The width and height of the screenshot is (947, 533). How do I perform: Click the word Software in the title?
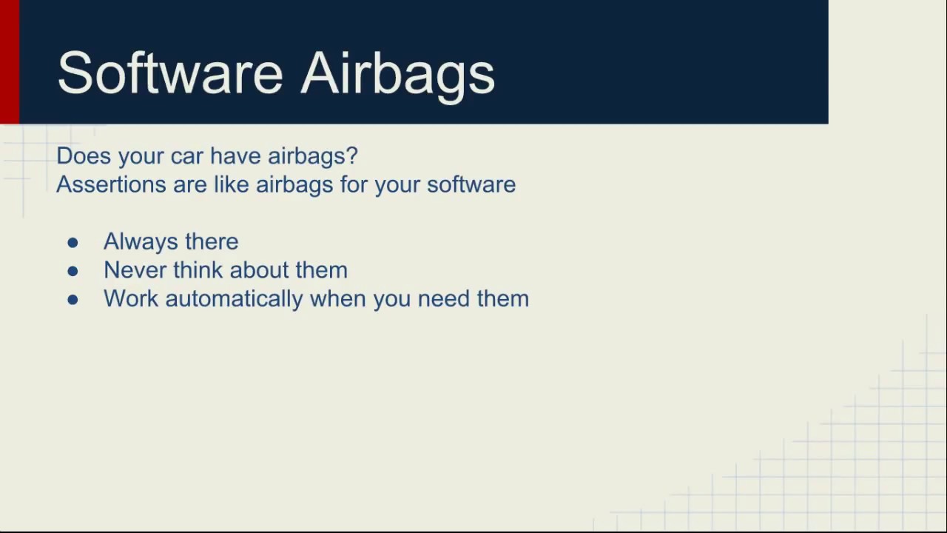[x=170, y=73]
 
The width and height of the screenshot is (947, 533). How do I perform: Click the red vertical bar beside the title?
[x=10, y=61]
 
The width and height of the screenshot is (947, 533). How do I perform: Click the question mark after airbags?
[x=351, y=155]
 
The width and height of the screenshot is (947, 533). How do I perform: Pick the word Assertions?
[x=111, y=184]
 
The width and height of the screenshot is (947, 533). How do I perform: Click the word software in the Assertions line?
[x=471, y=184]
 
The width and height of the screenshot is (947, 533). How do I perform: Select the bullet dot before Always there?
[x=73, y=243]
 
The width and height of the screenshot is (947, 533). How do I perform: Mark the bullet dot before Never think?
[x=73, y=271]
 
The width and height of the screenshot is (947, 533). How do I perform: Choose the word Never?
[x=135, y=270]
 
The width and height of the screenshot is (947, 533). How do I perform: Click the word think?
[x=198, y=270]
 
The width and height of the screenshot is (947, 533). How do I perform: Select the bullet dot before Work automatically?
[x=73, y=300]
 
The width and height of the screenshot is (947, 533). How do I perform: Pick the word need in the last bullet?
[x=444, y=298]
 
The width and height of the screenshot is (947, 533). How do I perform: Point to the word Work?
[x=131, y=298]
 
